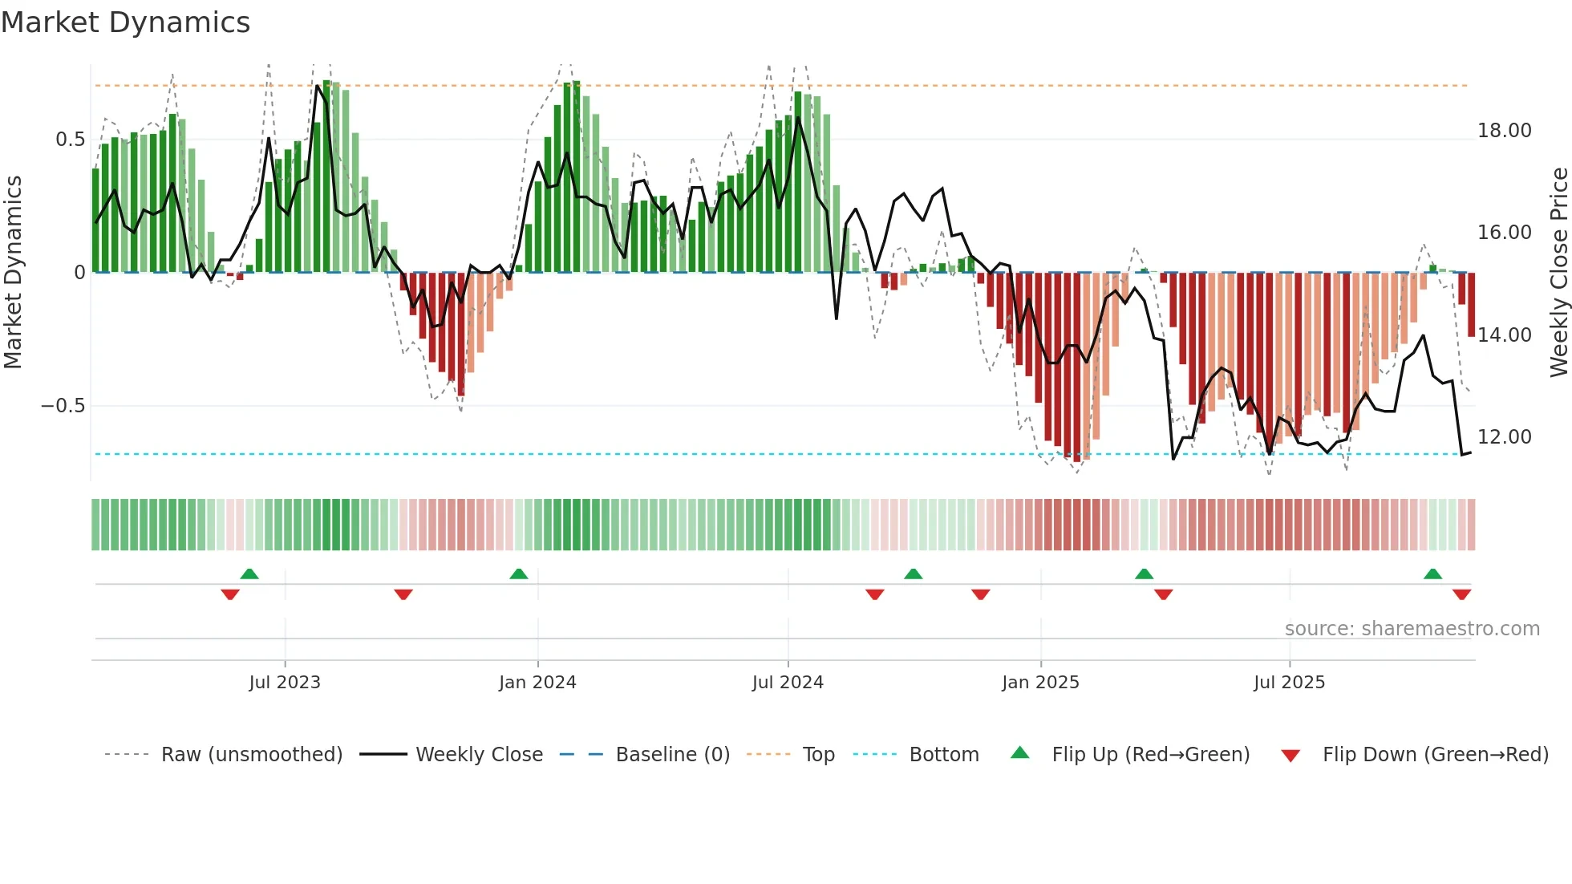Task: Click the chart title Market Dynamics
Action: point(126,22)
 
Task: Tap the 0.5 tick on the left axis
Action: point(70,140)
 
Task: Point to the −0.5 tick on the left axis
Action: point(63,406)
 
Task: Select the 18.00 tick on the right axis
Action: point(1504,131)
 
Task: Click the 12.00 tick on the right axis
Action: point(1504,437)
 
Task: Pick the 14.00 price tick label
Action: point(1504,335)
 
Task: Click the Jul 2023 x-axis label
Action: point(285,683)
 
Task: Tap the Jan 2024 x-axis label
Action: point(537,683)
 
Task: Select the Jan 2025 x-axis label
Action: point(1040,683)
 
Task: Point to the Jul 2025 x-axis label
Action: point(1290,683)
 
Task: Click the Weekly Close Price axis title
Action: point(1558,272)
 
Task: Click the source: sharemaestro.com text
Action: point(1412,629)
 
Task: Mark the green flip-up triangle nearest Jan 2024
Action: point(519,574)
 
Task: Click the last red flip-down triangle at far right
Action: point(1461,594)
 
